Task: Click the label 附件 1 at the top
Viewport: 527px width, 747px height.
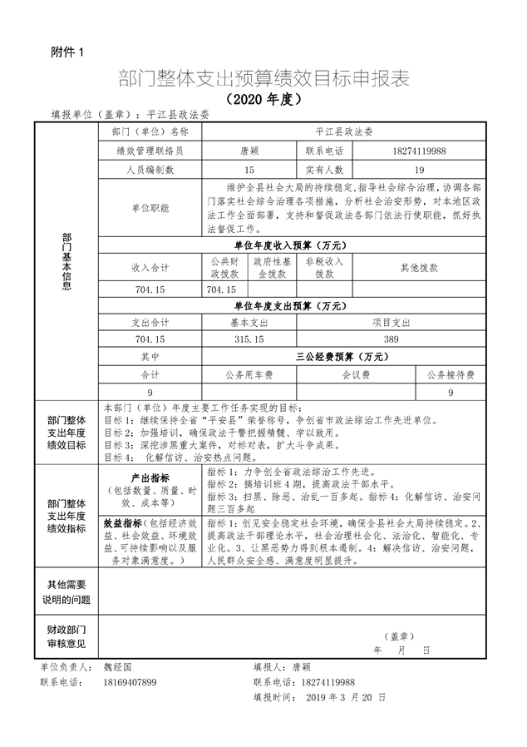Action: coord(67,52)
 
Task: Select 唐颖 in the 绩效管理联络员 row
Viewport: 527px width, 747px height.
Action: coord(249,151)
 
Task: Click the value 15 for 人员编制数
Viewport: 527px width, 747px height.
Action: coord(249,170)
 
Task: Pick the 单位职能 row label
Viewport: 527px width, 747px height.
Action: coord(150,208)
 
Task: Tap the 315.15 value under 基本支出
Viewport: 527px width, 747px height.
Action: coord(249,339)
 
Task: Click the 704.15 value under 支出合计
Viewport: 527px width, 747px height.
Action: coord(150,339)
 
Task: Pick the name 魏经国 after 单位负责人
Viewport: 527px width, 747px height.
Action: coord(116,667)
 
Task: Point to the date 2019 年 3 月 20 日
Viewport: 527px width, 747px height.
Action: coord(342,697)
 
